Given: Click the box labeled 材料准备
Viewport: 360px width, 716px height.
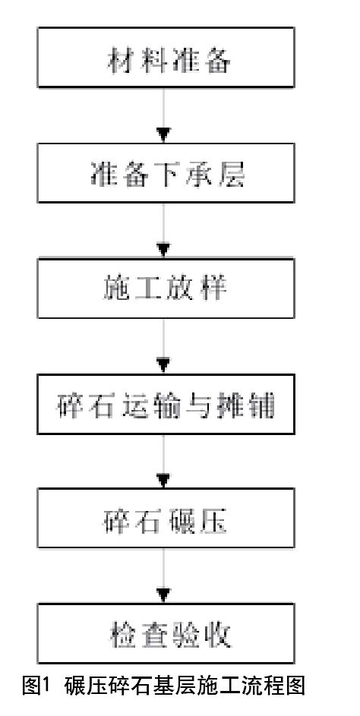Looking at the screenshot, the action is pos(166,57).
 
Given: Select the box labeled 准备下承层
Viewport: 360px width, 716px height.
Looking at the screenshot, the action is pos(166,172).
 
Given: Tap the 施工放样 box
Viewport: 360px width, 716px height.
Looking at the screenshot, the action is pos(166,288).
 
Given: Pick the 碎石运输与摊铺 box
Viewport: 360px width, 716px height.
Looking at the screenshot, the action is pos(166,404).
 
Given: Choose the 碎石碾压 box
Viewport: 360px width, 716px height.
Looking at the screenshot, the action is pos(166,519).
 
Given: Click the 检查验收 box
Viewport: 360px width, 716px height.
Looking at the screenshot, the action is pos(166,633).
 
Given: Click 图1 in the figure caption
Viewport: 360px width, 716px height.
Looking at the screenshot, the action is pos(35,686).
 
